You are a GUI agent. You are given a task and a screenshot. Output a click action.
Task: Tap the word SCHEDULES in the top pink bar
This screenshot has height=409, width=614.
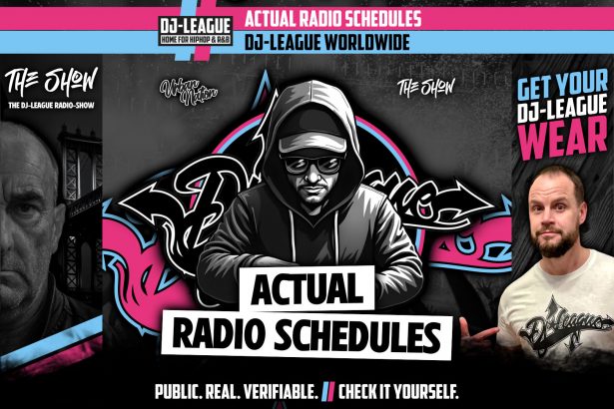point(373,17)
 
